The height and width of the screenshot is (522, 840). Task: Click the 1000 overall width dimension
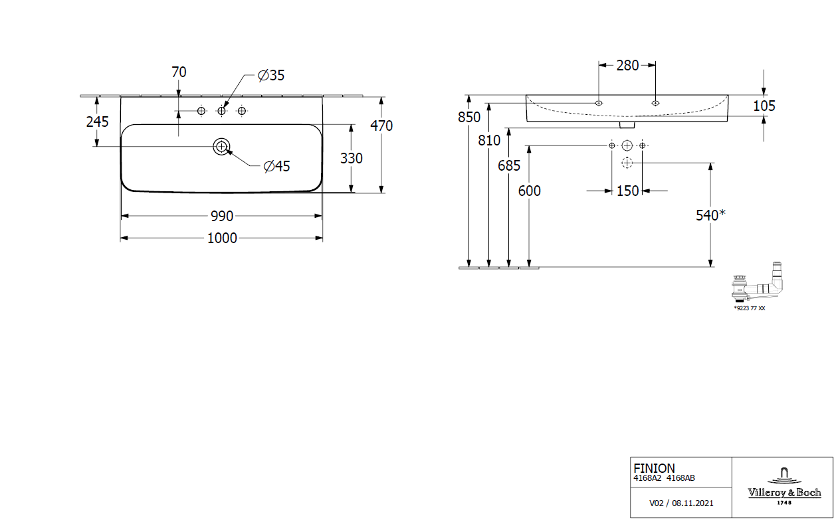222,238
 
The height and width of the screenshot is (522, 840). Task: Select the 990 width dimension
222,216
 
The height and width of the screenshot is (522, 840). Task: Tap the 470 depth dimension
381,126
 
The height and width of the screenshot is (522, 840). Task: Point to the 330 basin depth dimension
352,158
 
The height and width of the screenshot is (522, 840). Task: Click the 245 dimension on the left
97,122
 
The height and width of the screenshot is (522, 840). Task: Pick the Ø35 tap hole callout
271,75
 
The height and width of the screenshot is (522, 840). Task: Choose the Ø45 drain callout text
276,166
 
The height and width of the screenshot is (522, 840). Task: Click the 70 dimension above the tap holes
179,72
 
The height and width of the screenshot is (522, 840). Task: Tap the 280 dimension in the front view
627,66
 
